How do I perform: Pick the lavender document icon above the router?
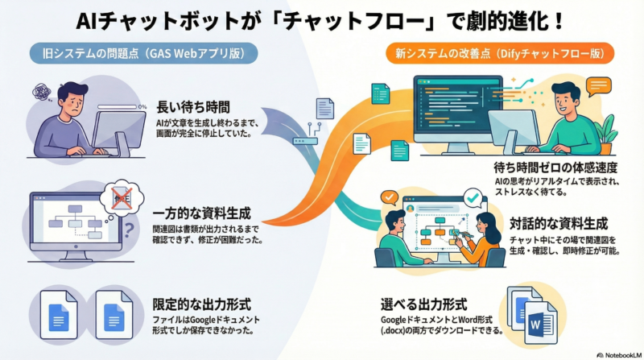(x=324, y=108)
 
